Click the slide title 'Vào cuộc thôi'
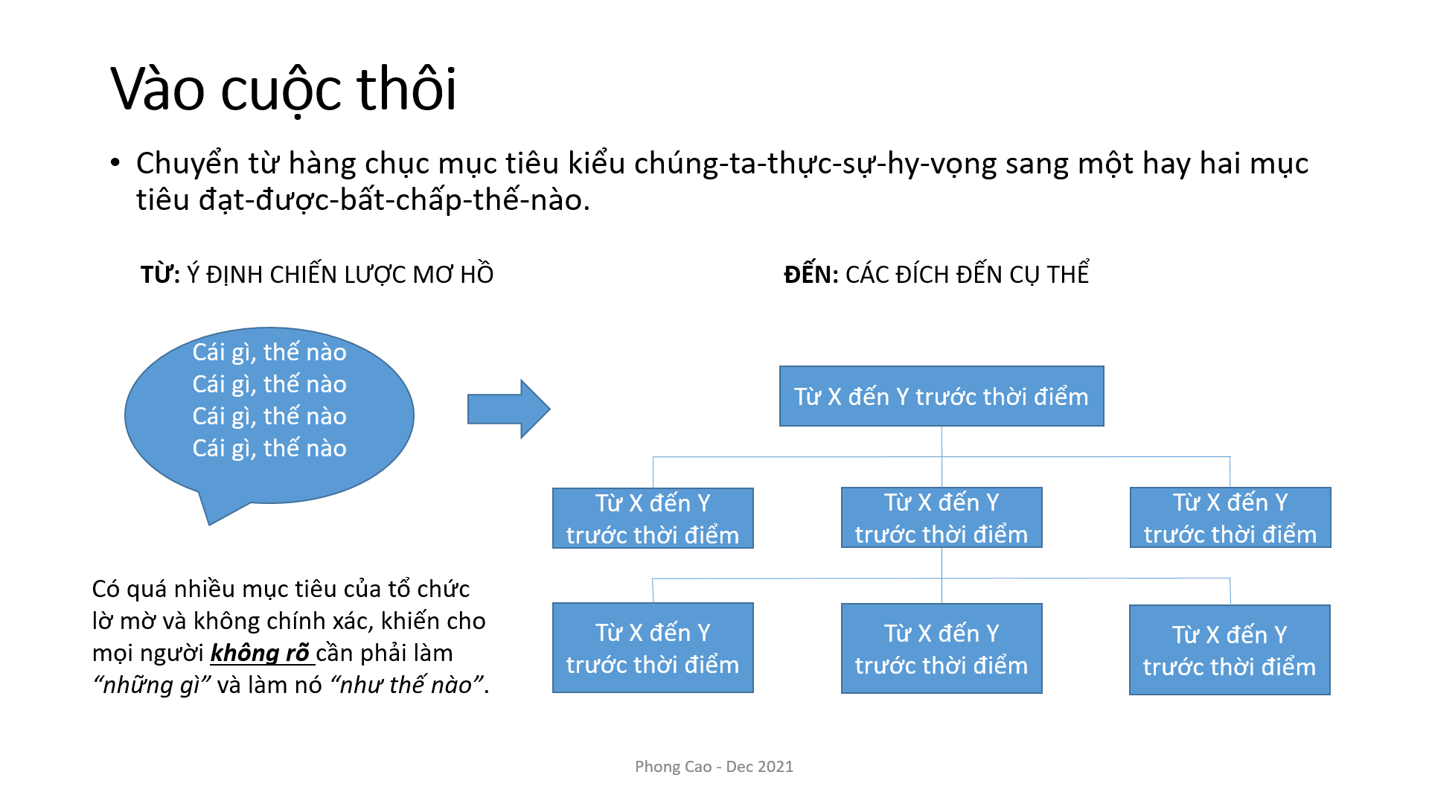pyautogui.click(x=284, y=89)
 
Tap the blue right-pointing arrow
pyautogui.click(x=508, y=409)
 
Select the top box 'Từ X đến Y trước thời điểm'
pyautogui.click(x=942, y=396)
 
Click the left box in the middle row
pyautogui.click(x=653, y=518)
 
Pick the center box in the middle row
pyautogui.click(x=942, y=517)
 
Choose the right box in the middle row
pyautogui.click(x=1230, y=517)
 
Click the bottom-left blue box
pyautogui.click(x=653, y=648)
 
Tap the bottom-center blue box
pyautogui.click(x=942, y=648)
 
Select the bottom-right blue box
pyautogui.click(x=1230, y=650)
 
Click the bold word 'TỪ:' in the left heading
pyautogui.click(x=160, y=274)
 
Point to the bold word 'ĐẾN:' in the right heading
pyautogui.click(x=811, y=274)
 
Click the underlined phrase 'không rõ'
pyautogui.click(x=260, y=653)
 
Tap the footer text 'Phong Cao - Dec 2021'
pyautogui.click(x=714, y=767)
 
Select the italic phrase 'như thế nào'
pyautogui.click(x=406, y=685)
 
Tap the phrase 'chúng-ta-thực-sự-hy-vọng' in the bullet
pyautogui.click(x=815, y=164)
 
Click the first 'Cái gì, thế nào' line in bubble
pyautogui.click(x=269, y=351)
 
